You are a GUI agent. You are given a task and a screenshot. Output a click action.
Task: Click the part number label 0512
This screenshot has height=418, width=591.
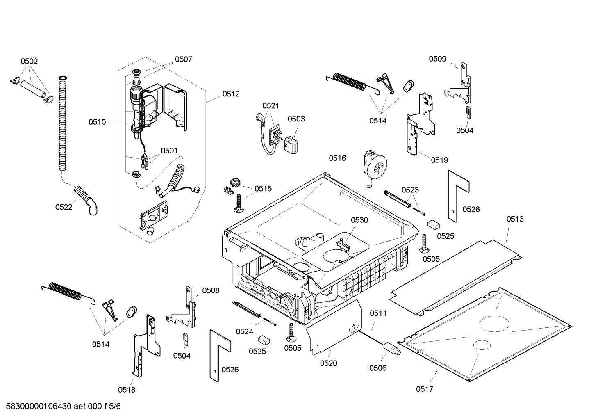231,94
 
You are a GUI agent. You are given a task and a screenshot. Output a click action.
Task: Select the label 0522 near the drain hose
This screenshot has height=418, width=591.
64,207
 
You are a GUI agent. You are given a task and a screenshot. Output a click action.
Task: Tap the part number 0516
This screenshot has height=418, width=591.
337,158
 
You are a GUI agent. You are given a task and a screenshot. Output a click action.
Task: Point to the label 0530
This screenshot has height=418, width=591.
359,220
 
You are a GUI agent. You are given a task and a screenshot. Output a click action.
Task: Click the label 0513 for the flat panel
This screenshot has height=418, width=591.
515,219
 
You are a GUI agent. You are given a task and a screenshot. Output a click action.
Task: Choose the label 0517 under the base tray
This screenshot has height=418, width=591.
424,389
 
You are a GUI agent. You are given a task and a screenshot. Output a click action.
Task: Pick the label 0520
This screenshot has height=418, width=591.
328,363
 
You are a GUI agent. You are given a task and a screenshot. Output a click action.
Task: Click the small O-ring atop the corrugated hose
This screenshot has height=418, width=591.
62,78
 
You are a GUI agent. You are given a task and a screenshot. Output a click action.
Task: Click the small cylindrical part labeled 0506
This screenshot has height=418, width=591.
392,349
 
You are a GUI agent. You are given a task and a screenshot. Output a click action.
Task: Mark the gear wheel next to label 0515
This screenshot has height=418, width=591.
235,182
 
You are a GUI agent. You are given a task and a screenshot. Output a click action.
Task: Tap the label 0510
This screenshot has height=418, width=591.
97,122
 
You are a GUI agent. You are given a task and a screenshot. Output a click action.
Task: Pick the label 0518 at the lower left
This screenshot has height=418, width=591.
127,390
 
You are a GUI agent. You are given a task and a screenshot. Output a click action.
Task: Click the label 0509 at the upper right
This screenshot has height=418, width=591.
437,59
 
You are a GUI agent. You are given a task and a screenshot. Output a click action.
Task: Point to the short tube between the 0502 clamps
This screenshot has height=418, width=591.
32,89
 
